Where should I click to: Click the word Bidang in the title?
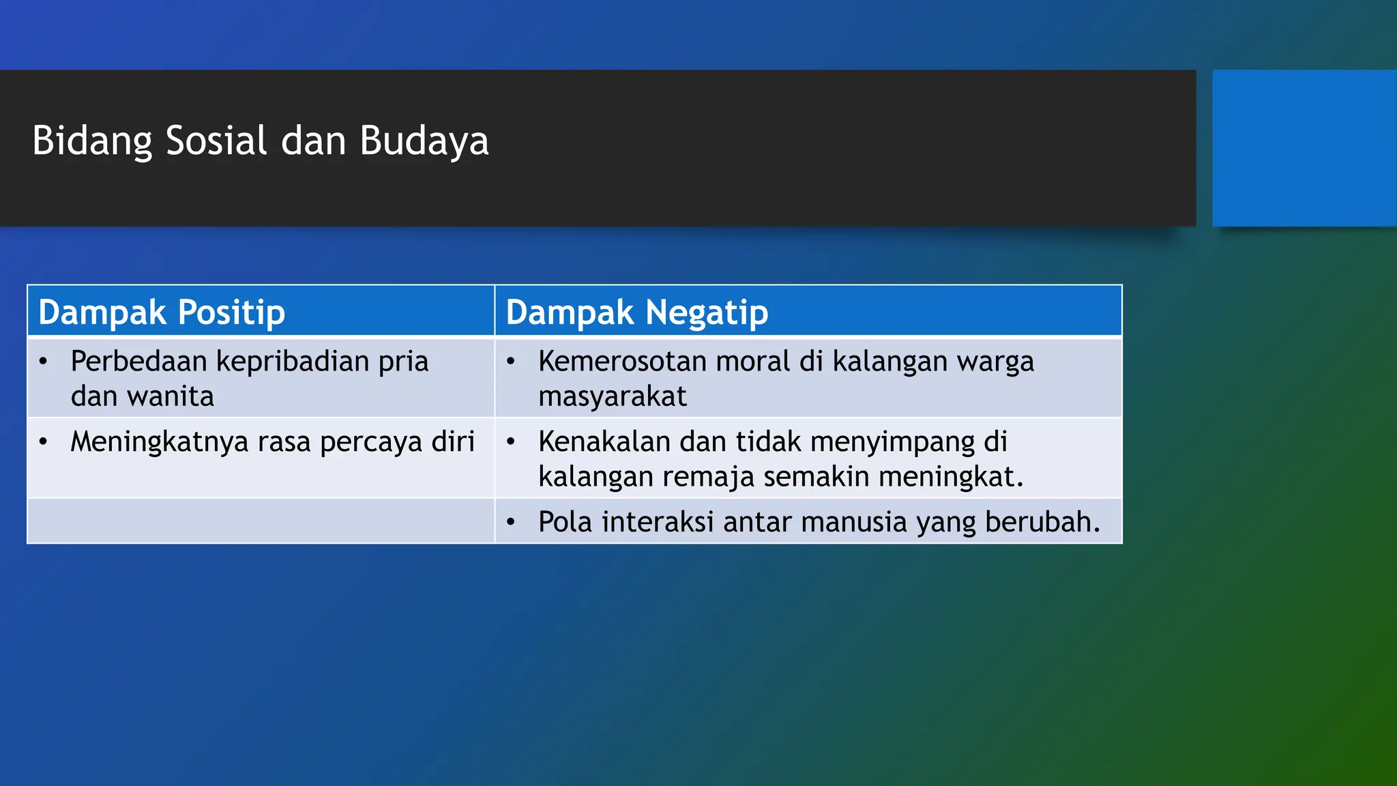[x=92, y=141]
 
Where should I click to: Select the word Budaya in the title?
[x=424, y=141]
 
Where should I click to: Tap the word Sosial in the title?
[x=216, y=141]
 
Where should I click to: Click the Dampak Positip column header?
[x=162, y=312]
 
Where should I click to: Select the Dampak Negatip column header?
[x=636, y=312]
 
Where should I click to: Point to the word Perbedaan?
[x=138, y=361]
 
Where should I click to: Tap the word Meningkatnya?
[x=160, y=442]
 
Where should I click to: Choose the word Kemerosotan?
[x=622, y=361]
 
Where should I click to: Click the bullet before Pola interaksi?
[x=510, y=523]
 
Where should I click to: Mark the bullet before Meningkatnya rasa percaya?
[x=43, y=442]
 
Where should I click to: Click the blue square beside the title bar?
[x=1304, y=147]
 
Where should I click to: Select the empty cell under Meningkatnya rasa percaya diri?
[x=261, y=521]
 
